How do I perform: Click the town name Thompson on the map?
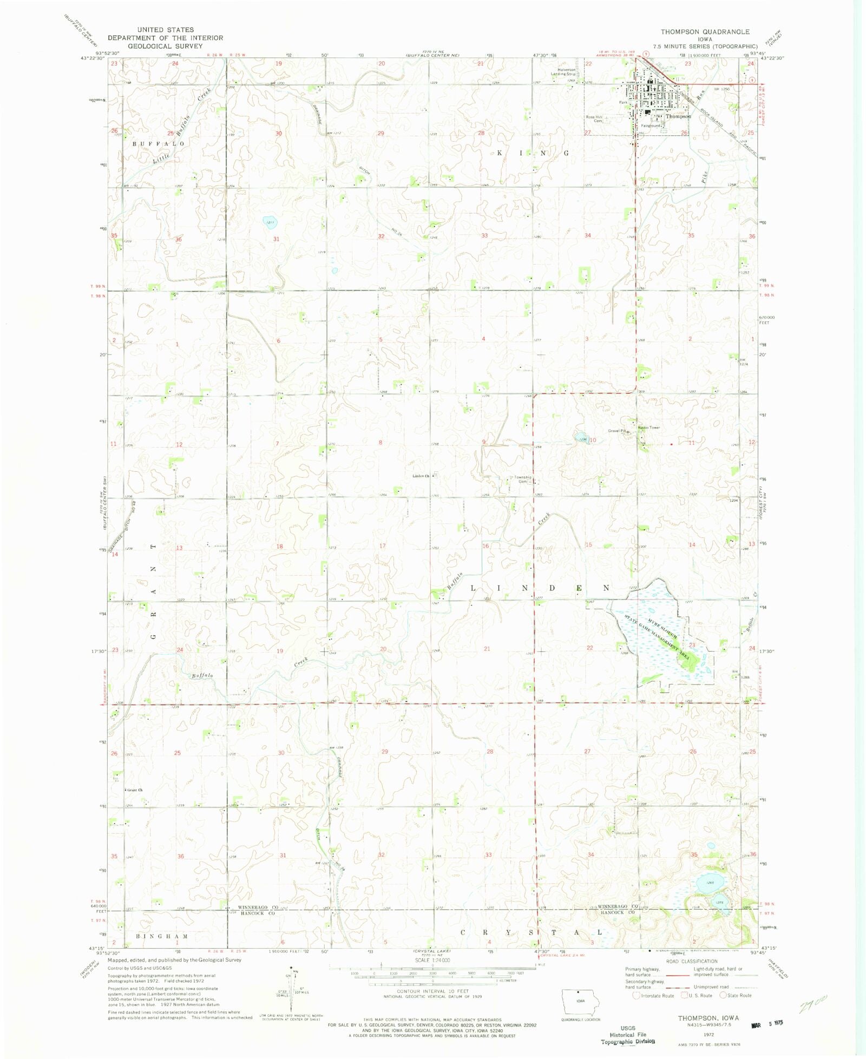[x=678, y=116]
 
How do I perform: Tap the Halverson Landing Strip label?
[x=563, y=71]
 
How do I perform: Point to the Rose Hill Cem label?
[x=594, y=119]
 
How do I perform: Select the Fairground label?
[x=651, y=126]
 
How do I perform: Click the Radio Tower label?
[x=649, y=427]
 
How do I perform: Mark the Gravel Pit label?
[x=616, y=431]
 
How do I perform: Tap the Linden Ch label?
[x=421, y=476]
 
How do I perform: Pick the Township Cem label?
[x=522, y=479]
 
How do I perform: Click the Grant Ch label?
[x=135, y=790]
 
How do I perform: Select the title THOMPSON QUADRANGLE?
[x=705, y=32]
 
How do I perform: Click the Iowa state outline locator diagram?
[x=581, y=1003]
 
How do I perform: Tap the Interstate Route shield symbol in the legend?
[x=637, y=996]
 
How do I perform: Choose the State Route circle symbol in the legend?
[x=723, y=995]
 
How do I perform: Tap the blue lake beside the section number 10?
[x=581, y=437]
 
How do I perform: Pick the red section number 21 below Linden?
[x=487, y=648]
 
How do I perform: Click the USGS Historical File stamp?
[x=628, y=1034]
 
